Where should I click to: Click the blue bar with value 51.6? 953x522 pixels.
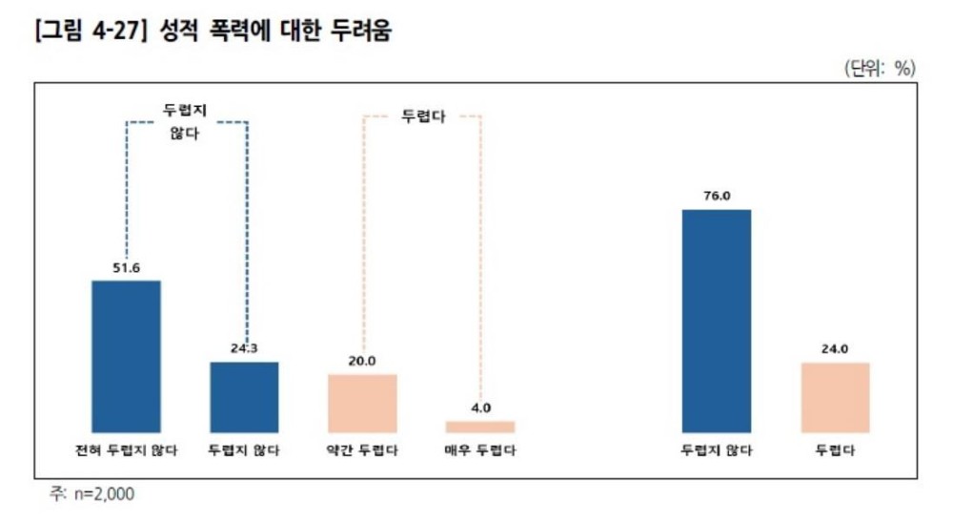[x=126, y=356]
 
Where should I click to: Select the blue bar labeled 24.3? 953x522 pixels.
[x=244, y=397]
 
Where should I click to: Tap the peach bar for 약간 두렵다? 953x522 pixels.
[x=362, y=403]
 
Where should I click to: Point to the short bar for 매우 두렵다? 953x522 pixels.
[x=480, y=427]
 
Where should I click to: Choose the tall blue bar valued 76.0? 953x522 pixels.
[x=717, y=321]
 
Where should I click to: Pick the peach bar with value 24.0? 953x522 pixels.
[x=835, y=397]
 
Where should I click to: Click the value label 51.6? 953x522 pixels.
[x=127, y=268]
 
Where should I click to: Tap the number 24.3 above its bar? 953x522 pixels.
[x=244, y=348]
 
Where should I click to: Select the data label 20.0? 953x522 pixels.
[x=362, y=361]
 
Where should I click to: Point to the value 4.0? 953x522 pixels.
[x=480, y=408]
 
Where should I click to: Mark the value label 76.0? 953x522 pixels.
[x=717, y=197]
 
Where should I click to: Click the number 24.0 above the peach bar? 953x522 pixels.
[x=835, y=349]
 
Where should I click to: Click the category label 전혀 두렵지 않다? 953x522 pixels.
[x=126, y=450]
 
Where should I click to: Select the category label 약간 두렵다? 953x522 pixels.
[x=362, y=450]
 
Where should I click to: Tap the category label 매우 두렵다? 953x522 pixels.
[x=480, y=450]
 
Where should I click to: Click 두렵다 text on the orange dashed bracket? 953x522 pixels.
[x=421, y=117]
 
